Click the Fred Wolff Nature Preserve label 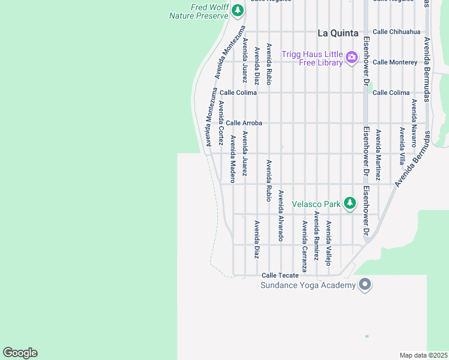point(199,11)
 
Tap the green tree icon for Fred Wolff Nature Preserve point(238,10)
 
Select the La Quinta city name point(338,33)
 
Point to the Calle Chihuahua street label point(397,32)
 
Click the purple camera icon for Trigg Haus point(352,58)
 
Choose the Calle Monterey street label point(394,62)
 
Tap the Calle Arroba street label point(244,123)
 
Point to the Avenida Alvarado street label point(280,215)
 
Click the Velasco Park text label point(316,204)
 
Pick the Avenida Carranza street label point(305,246)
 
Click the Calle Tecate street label point(280,275)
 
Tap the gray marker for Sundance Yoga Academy point(364,284)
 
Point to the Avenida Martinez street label point(378,155)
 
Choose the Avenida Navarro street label point(414,123)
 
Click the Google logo point(20,353)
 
